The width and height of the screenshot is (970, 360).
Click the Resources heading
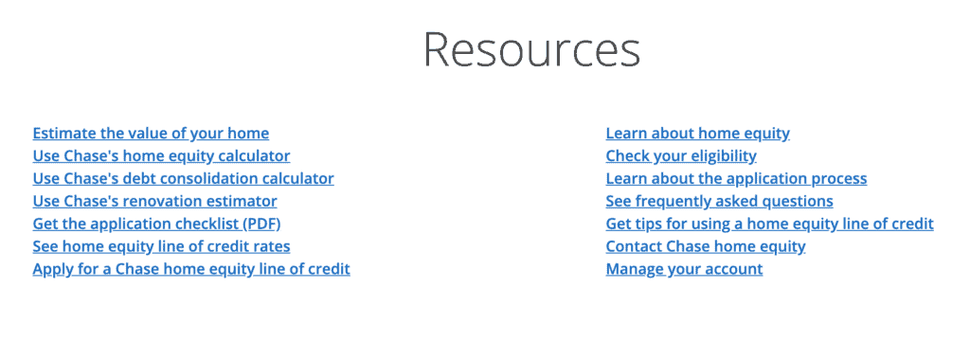tap(532, 49)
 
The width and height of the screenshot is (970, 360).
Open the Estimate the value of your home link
tap(151, 133)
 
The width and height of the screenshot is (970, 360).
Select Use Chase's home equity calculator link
tap(161, 156)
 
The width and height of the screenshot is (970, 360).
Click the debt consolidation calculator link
tap(183, 179)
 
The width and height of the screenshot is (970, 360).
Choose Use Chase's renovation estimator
tap(154, 201)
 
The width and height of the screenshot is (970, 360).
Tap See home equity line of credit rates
tap(161, 246)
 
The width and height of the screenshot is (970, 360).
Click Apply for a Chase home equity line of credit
tap(191, 269)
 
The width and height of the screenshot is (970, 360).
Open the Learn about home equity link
tap(698, 133)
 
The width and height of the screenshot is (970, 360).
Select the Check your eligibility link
tap(681, 156)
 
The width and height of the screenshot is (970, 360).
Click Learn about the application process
tap(736, 179)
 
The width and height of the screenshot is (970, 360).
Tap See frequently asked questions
tap(720, 201)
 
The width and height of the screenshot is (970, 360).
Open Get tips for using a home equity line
tap(769, 224)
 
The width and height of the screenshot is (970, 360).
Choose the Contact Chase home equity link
tap(706, 246)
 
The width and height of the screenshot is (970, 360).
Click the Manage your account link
tap(684, 269)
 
